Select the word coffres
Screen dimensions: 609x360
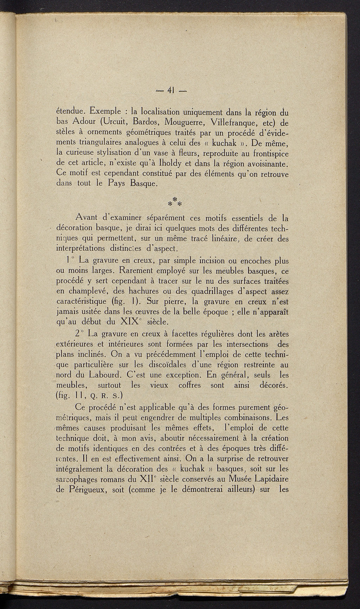189,385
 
